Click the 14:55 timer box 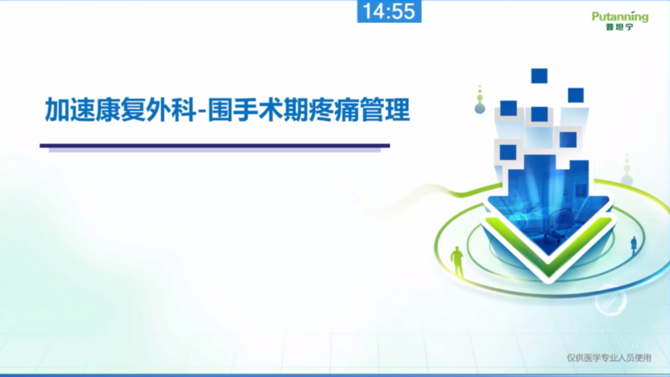coord(389,11)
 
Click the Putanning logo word coord(620,16)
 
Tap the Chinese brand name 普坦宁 coord(619,27)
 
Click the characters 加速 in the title coord(70,109)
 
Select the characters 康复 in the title coord(121,109)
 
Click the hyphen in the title coord(202,111)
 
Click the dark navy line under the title coord(215,146)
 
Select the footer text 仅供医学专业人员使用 coord(608,357)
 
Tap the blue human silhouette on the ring coord(633,246)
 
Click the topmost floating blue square coord(539,75)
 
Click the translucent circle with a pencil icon coord(610,300)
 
